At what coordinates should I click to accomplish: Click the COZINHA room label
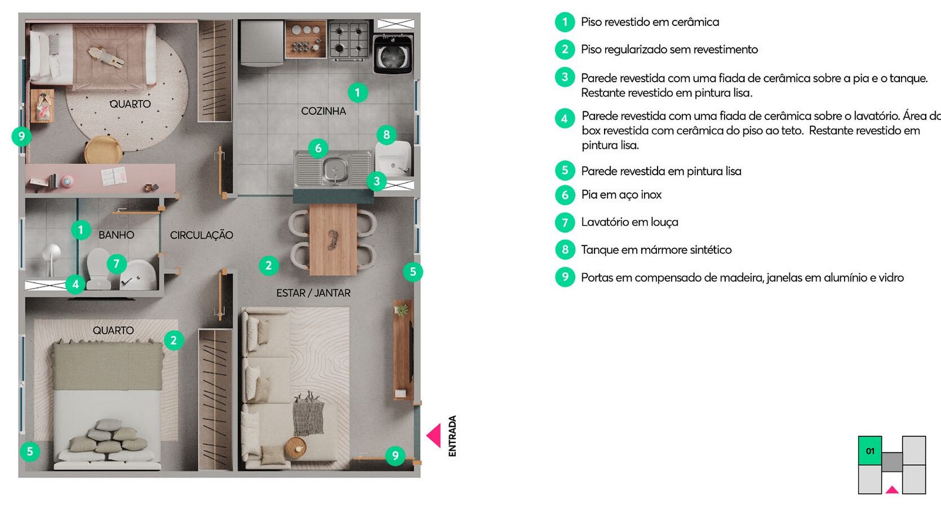[323, 111]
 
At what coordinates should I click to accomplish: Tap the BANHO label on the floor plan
[116, 235]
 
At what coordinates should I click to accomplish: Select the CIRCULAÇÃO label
[202, 235]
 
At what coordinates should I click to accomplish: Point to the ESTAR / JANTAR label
[313, 293]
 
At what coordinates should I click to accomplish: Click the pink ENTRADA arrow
[434, 435]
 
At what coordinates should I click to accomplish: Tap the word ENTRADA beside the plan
[452, 436]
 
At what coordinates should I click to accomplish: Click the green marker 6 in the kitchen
[318, 148]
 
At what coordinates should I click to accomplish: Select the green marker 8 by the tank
[386, 135]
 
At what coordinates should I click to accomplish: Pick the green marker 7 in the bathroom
[116, 264]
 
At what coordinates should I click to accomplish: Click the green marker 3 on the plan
[376, 182]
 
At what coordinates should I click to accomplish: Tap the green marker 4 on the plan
[76, 284]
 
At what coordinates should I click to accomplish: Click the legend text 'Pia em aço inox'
[621, 195]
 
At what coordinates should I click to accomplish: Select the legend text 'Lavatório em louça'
[630, 222]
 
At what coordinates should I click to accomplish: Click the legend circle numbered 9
[565, 277]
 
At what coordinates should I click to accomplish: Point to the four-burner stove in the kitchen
[349, 40]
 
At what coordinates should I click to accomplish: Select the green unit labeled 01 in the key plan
[870, 450]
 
